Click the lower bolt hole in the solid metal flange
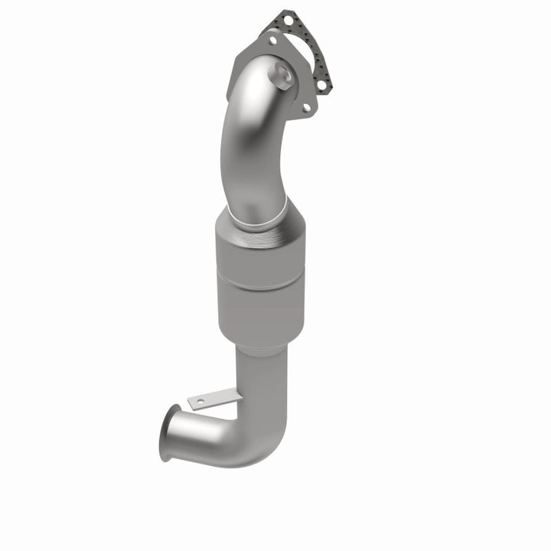[x=306, y=108]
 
